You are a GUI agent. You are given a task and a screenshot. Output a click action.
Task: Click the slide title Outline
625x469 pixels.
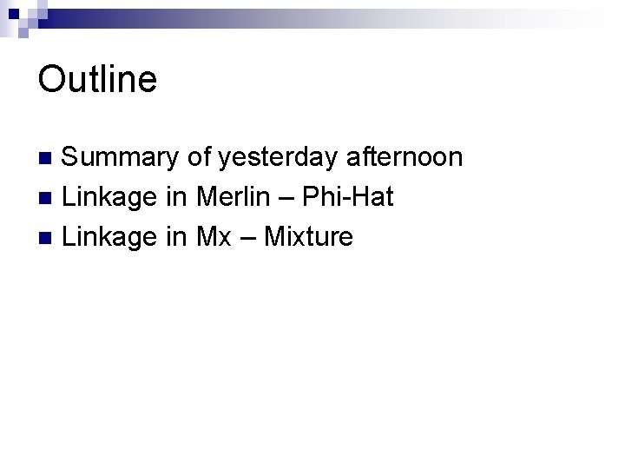tap(97, 80)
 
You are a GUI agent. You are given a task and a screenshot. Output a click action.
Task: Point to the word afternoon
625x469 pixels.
tap(405, 157)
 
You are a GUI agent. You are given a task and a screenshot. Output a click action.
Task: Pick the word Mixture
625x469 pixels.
tap(308, 236)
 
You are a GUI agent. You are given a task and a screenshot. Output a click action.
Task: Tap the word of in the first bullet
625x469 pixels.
tap(199, 157)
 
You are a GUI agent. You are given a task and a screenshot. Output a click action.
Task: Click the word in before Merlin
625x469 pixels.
tap(177, 197)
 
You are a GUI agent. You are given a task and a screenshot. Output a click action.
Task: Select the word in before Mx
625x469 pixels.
tap(177, 236)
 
